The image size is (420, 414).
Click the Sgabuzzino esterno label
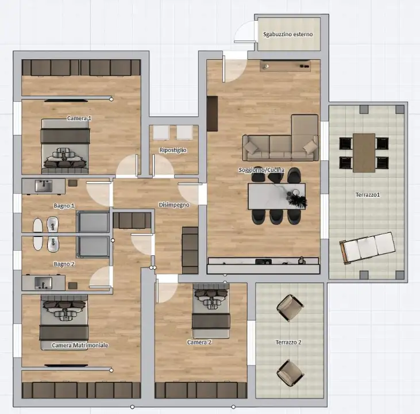click(288, 34)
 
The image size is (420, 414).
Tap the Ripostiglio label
click(173, 150)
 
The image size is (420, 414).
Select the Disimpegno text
click(174, 205)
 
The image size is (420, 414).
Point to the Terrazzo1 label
click(368, 195)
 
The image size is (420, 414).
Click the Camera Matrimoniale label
click(80, 345)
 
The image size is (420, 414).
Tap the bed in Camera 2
click(211, 310)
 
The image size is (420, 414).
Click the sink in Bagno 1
click(44, 186)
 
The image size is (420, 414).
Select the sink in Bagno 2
click(44, 283)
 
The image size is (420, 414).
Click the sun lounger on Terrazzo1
click(368, 247)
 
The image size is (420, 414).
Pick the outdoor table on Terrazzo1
click(364, 153)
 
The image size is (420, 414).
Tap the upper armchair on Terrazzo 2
click(290, 308)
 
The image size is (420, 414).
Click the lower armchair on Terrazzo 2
click(290, 373)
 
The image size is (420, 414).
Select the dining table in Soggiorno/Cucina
click(277, 196)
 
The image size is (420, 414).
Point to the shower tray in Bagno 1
click(93, 221)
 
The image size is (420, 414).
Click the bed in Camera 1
click(65, 146)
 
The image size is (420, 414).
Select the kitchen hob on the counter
click(264, 262)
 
